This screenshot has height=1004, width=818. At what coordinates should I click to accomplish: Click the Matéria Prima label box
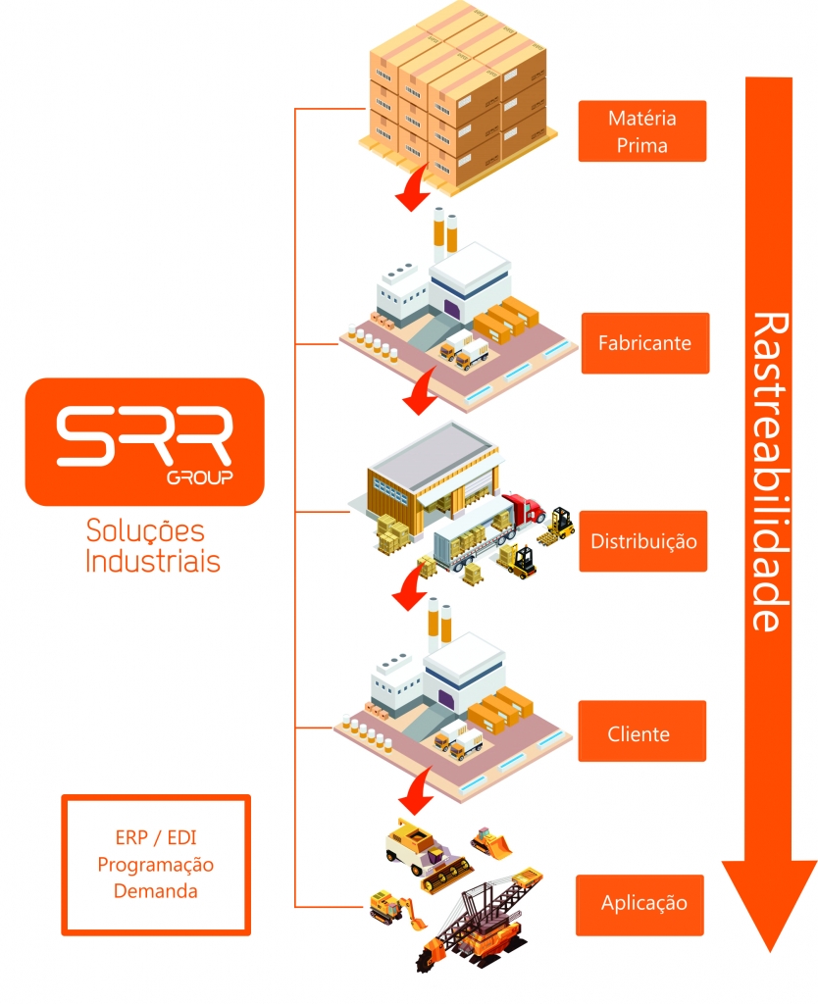pos(642,131)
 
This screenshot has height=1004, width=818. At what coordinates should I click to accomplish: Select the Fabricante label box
pos(644,343)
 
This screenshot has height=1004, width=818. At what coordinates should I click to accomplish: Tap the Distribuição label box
pos(642,541)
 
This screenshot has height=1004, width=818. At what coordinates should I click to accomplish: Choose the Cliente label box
pos(641,732)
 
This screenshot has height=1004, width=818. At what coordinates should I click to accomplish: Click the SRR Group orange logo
pos(144,441)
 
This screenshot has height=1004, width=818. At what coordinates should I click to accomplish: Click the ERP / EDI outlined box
pos(157,864)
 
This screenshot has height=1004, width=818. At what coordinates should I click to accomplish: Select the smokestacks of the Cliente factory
pos(438,623)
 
